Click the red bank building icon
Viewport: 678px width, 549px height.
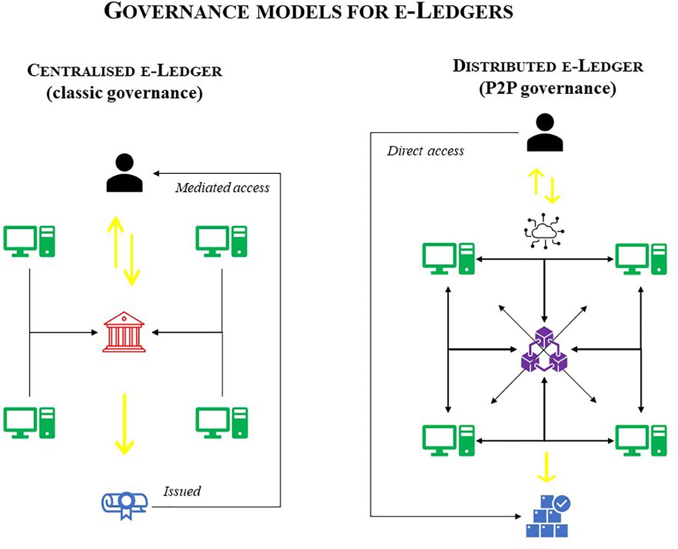click(124, 332)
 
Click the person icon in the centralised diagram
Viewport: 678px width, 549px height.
click(124, 173)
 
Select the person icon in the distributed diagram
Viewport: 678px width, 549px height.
click(545, 133)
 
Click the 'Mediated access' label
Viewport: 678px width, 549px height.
click(223, 188)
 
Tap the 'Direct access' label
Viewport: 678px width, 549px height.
click(425, 151)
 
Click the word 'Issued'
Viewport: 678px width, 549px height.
click(182, 491)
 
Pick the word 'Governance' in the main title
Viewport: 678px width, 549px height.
click(176, 11)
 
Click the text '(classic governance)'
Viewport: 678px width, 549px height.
click(124, 93)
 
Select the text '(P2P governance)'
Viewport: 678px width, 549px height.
click(548, 88)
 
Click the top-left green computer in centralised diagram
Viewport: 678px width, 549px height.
click(29, 241)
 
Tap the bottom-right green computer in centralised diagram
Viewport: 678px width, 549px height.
click(222, 422)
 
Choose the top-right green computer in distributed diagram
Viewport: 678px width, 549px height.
click(641, 259)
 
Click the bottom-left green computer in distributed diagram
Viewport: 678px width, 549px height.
click(448, 440)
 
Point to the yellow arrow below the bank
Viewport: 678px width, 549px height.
click(124, 424)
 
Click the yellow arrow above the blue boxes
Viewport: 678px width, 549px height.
click(546, 467)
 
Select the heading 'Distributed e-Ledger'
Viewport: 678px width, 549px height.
click(548, 66)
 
